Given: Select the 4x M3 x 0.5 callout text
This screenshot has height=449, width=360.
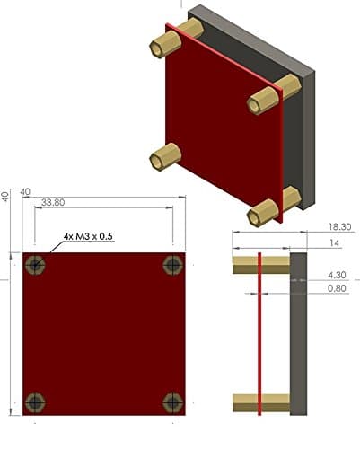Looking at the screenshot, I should click(x=90, y=236).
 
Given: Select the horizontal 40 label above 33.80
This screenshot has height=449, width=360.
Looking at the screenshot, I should click(x=26, y=191).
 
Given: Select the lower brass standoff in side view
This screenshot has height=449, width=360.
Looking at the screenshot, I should click(x=260, y=403).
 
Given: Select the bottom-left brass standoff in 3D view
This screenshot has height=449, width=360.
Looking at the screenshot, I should click(x=164, y=157).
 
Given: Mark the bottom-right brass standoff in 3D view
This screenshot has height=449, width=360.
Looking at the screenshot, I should click(x=267, y=211).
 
